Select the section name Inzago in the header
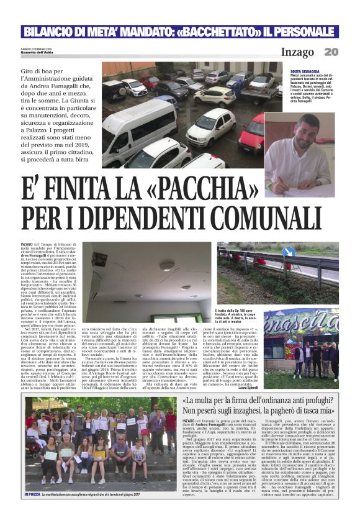click(x=297, y=52)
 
